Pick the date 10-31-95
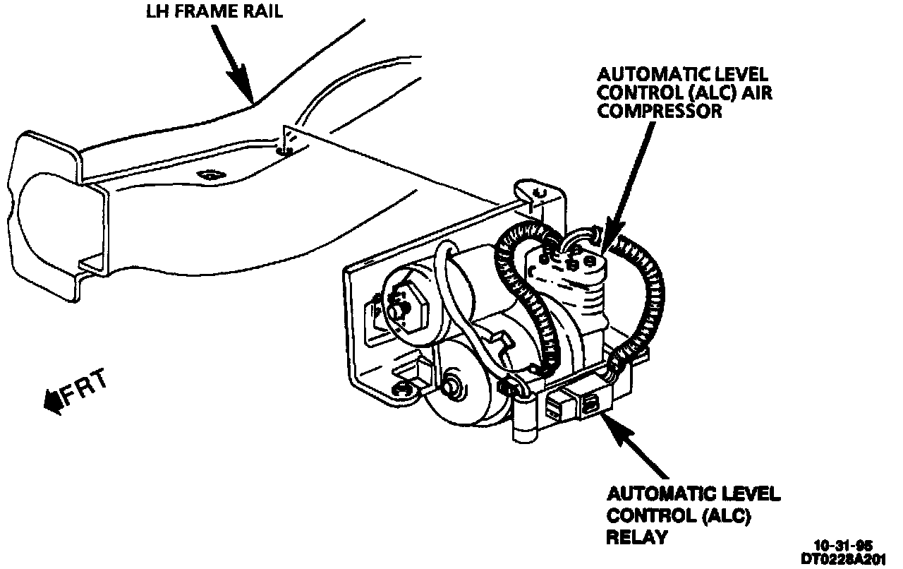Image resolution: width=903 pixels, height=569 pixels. point(843,546)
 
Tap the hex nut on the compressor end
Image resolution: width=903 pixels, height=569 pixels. point(405,307)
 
